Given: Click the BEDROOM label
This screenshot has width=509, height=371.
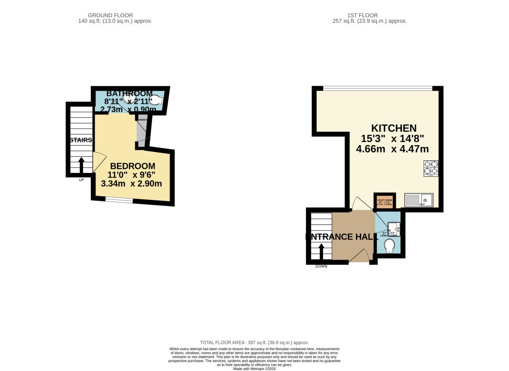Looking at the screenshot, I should pyautogui.click(x=132, y=166).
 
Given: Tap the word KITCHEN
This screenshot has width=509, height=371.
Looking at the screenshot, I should pyautogui.click(x=394, y=128).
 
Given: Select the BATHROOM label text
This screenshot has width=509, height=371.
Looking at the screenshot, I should pyautogui.click(x=129, y=94).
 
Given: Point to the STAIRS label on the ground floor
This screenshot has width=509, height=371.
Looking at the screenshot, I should pyautogui.click(x=81, y=140).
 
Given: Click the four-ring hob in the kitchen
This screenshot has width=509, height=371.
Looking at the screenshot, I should pyautogui.click(x=431, y=168).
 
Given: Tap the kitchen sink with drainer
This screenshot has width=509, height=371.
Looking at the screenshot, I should pyautogui.click(x=419, y=200).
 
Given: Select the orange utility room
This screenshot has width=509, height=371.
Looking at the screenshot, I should pyautogui.click(x=384, y=201).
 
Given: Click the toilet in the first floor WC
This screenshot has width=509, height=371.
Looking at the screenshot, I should pyautogui.click(x=390, y=245).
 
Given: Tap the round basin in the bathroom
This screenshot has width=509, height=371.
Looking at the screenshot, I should pyautogui.click(x=127, y=97).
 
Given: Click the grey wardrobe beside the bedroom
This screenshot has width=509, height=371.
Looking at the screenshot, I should pyautogui.click(x=141, y=132).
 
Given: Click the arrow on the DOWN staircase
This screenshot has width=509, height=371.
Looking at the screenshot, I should pyautogui.click(x=321, y=250).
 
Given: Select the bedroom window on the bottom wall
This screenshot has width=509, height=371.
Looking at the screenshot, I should pyautogui.click(x=119, y=200).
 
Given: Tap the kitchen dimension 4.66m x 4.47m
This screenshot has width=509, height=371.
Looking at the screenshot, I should pyautogui.click(x=392, y=149).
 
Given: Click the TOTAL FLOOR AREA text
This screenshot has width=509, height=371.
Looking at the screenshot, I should pyautogui.click(x=254, y=342).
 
